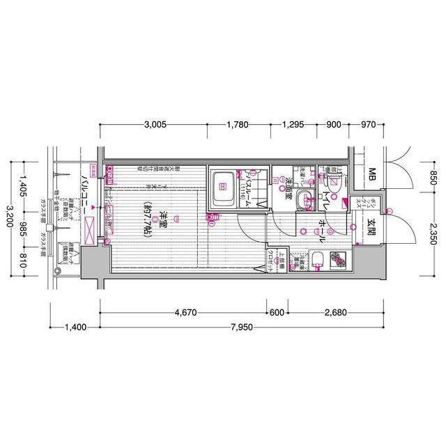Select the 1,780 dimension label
238,125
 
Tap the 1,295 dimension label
293,125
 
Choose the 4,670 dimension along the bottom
185,313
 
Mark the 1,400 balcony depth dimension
77,326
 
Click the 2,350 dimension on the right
433,231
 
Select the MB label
372,174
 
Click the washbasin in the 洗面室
304,201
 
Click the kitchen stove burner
339,259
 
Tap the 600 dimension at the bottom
277,313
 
